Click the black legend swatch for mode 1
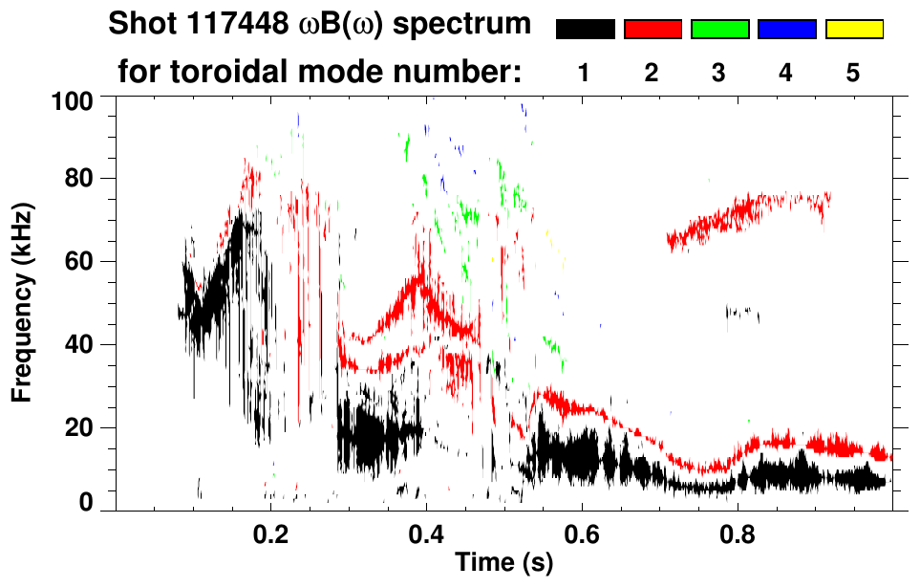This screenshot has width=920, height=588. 586,30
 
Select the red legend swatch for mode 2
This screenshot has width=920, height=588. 653,30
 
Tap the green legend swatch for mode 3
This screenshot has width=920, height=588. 719,30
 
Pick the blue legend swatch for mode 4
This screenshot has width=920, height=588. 786,30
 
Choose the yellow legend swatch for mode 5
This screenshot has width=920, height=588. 853,30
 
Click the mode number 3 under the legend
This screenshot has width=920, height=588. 719,73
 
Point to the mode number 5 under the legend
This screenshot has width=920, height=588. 853,73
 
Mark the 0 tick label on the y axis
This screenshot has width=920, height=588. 90,502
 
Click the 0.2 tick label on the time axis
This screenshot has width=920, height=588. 271,534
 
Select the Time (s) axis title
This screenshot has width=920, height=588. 503,564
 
